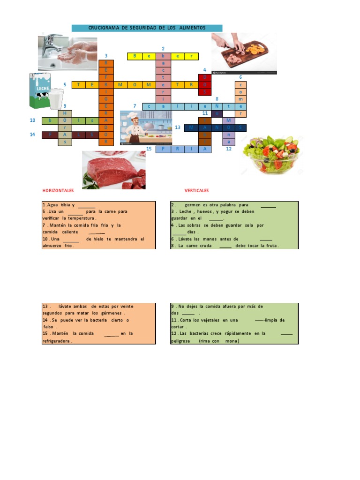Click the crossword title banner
click(x=147, y=28)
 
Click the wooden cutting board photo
click(x=244, y=53)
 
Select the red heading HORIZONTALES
click(x=58, y=191)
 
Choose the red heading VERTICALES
click(x=196, y=191)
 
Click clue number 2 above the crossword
click(x=163, y=49)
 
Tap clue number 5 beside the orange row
click(x=65, y=84)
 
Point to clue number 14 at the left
click(x=32, y=135)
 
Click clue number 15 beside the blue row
click(x=149, y=149)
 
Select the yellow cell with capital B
click(x=135, y=56)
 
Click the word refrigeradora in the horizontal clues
click(x=57, y=341)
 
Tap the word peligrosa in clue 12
click(x=180, y=341)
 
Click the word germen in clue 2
click(x=193, y=205)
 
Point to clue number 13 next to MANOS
click(x=177, y=127)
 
